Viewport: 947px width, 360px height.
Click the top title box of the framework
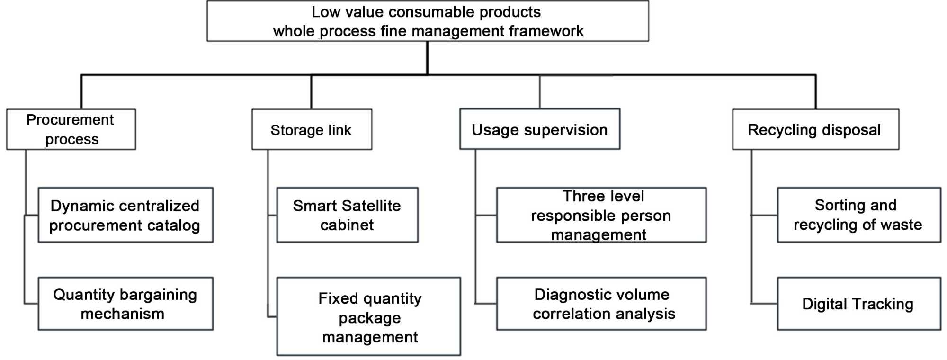[428, 21]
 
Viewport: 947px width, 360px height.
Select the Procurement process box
[71, 129]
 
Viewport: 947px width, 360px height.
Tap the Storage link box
[312, 129]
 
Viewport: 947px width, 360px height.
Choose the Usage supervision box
[539, 129]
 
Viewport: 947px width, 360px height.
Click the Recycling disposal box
[815, 129]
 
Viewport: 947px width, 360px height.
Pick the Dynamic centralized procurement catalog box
[125, 215]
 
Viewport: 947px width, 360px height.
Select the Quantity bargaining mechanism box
[125, 304]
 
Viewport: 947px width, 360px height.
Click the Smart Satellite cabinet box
[347, 215]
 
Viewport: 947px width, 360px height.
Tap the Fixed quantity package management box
[368, 316]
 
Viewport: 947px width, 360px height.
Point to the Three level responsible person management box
[601, 215]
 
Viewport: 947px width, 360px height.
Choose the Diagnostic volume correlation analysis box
[601, 304]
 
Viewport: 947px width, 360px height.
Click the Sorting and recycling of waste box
[858, 215]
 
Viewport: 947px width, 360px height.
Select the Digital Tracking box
[858, 304]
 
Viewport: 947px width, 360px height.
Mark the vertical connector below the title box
[428, 58]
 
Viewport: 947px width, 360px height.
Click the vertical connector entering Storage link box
[311, 92]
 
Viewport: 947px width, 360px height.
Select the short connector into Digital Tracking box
[764, 303]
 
